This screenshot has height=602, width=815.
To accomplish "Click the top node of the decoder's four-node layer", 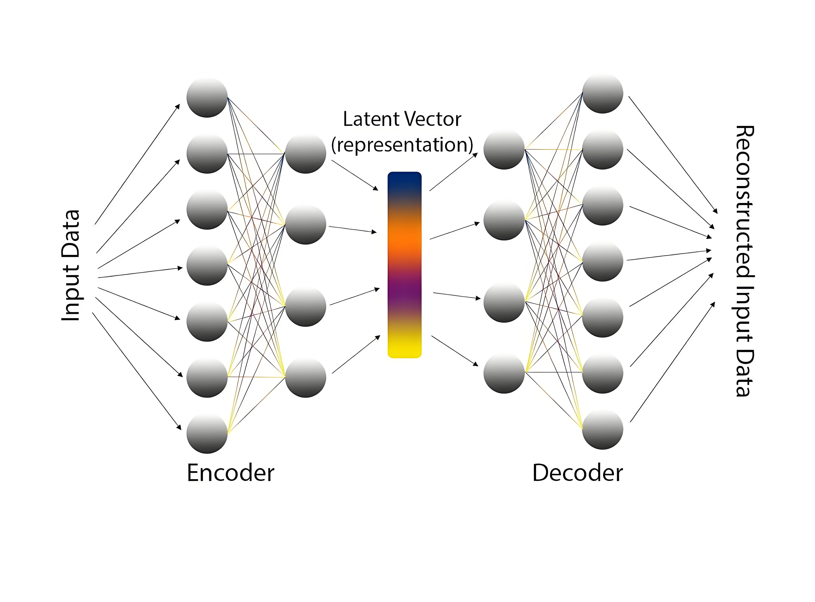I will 504,149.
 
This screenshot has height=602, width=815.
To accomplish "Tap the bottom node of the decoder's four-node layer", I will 504,374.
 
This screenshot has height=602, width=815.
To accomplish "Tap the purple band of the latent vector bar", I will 404,292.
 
